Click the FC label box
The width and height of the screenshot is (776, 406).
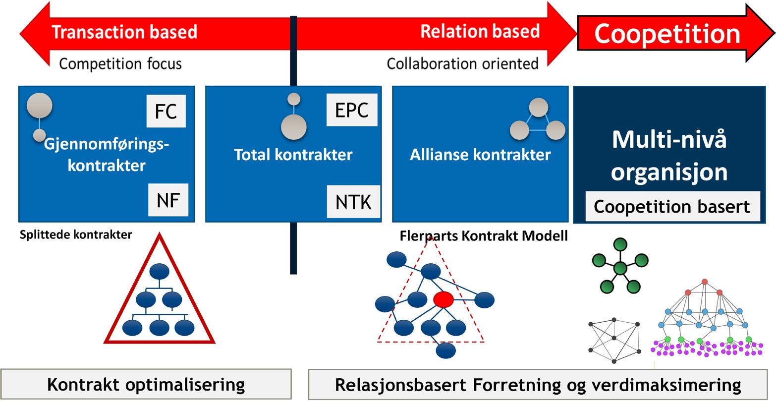[x=166, y=111]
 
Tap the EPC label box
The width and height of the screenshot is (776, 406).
[x=352, y=110]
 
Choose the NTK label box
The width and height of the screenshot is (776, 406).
[x=353, y=202]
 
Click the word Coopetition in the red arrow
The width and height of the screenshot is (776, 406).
[x=667, y=34]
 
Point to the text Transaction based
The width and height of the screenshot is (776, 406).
[x=124, y=32]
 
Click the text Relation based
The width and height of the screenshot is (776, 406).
[x=480, y=31]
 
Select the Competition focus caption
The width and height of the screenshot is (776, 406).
[x=120, y=64]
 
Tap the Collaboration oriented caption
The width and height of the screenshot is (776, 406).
[x=462, y=64]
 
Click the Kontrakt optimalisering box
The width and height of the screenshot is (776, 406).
[x=146, y=384]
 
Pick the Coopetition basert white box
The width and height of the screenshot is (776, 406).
[x=672, y=206]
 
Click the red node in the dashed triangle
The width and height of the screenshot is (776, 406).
[x=443, y=299]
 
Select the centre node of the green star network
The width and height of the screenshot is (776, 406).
[x=620, y=269]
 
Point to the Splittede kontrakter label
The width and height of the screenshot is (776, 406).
[x=76, y=235]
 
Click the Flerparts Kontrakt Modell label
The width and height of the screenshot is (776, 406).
[x=484, y=236]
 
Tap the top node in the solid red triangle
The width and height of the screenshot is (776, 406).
[x=160, y=271]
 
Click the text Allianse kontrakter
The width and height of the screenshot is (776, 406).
[x=480, y=155]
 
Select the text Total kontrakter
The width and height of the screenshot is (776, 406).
[x=293, y=155]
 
